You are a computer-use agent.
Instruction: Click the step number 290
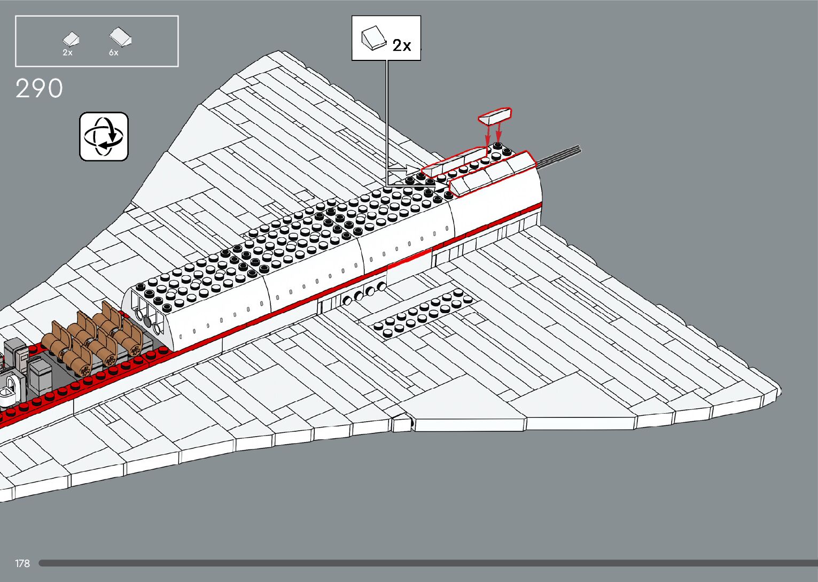click(x=39, y=89)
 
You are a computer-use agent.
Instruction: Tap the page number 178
click(x=22, y=563)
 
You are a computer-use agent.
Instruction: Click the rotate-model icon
click(x=104, y=136)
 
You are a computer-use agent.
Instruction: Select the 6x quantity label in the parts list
click(x=114, y=53)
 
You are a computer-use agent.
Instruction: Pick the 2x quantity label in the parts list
click(x=67, y=53)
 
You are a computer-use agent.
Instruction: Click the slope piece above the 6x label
click(x=121, y=37)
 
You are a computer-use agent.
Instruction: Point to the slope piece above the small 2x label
click(x=71, y=38)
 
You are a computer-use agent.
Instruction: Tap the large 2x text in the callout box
click(x=402, y=45)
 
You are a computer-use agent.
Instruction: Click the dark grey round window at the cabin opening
click(x=147, y=321)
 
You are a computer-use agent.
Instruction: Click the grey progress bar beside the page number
click(x=427, y=563)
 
